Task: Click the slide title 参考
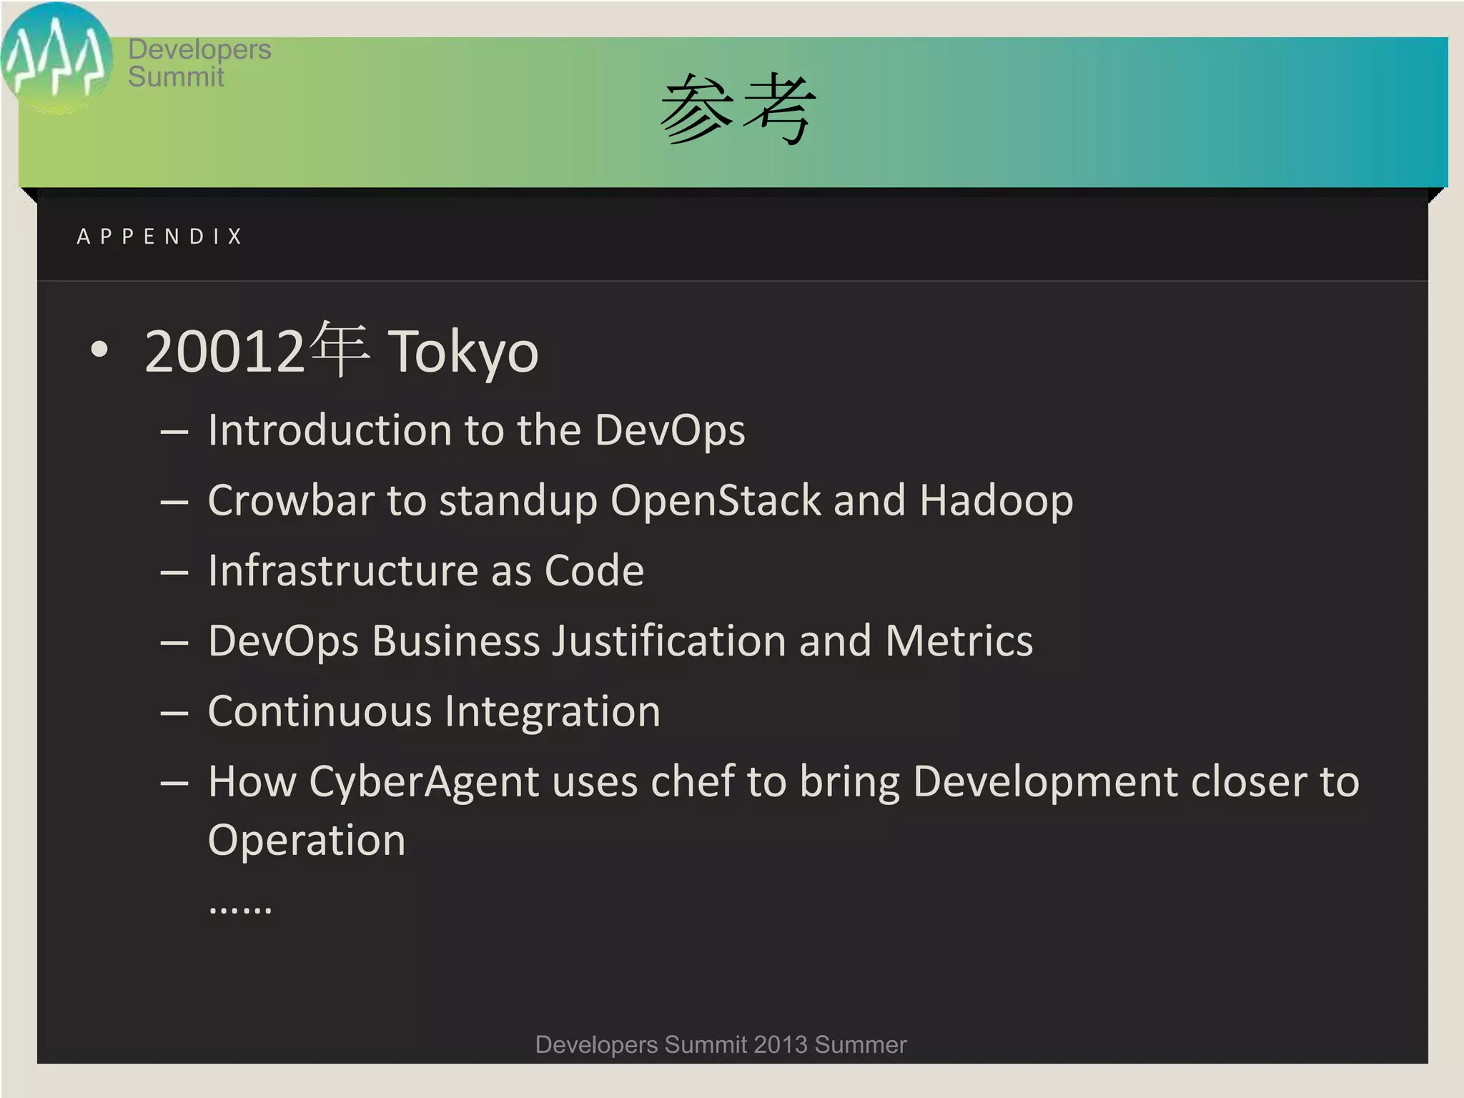[x=738, y=109]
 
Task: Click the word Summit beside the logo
[x=176, y=77]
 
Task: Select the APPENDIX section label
[x=160, y=237]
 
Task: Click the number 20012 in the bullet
[x=224, y=352]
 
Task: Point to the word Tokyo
[x=463, y=352]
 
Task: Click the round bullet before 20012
[x=100, y=350]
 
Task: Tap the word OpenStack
[x=716, y=500]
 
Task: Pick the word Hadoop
[x=996, y=500]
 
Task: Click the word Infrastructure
[x=342, y=570]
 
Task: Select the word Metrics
[x=959, y=640]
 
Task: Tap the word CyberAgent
[x=424, y=781]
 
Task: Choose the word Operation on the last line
[x=307, y=840]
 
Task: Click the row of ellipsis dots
[x=240, y=909]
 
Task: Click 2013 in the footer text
[x=780, y=1045]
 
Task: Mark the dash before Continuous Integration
[x=174, y=713]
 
